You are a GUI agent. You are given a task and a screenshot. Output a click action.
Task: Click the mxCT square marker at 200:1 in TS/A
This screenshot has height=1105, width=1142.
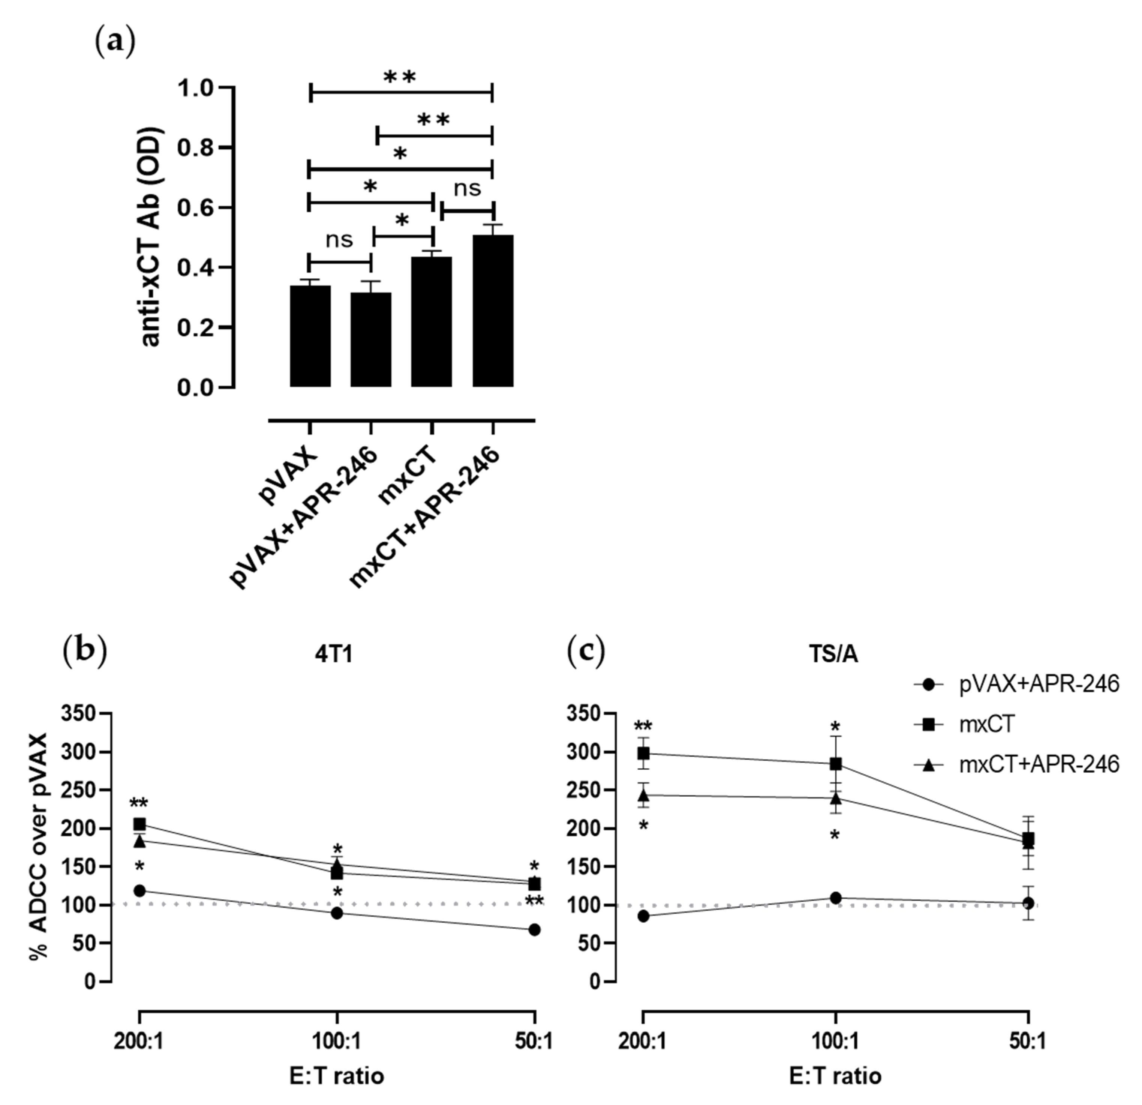[x=643, y=754]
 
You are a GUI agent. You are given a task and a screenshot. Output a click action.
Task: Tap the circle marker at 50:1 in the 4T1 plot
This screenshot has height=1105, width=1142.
[x=534, y=929]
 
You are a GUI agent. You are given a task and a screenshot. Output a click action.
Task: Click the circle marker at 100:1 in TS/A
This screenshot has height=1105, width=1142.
[x=836, y=898]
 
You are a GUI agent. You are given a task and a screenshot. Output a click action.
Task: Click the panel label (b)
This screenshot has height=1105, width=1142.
[x=84, y=652]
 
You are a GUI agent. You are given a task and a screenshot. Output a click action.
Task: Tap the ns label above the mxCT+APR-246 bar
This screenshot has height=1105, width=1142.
[x=467, y=188]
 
